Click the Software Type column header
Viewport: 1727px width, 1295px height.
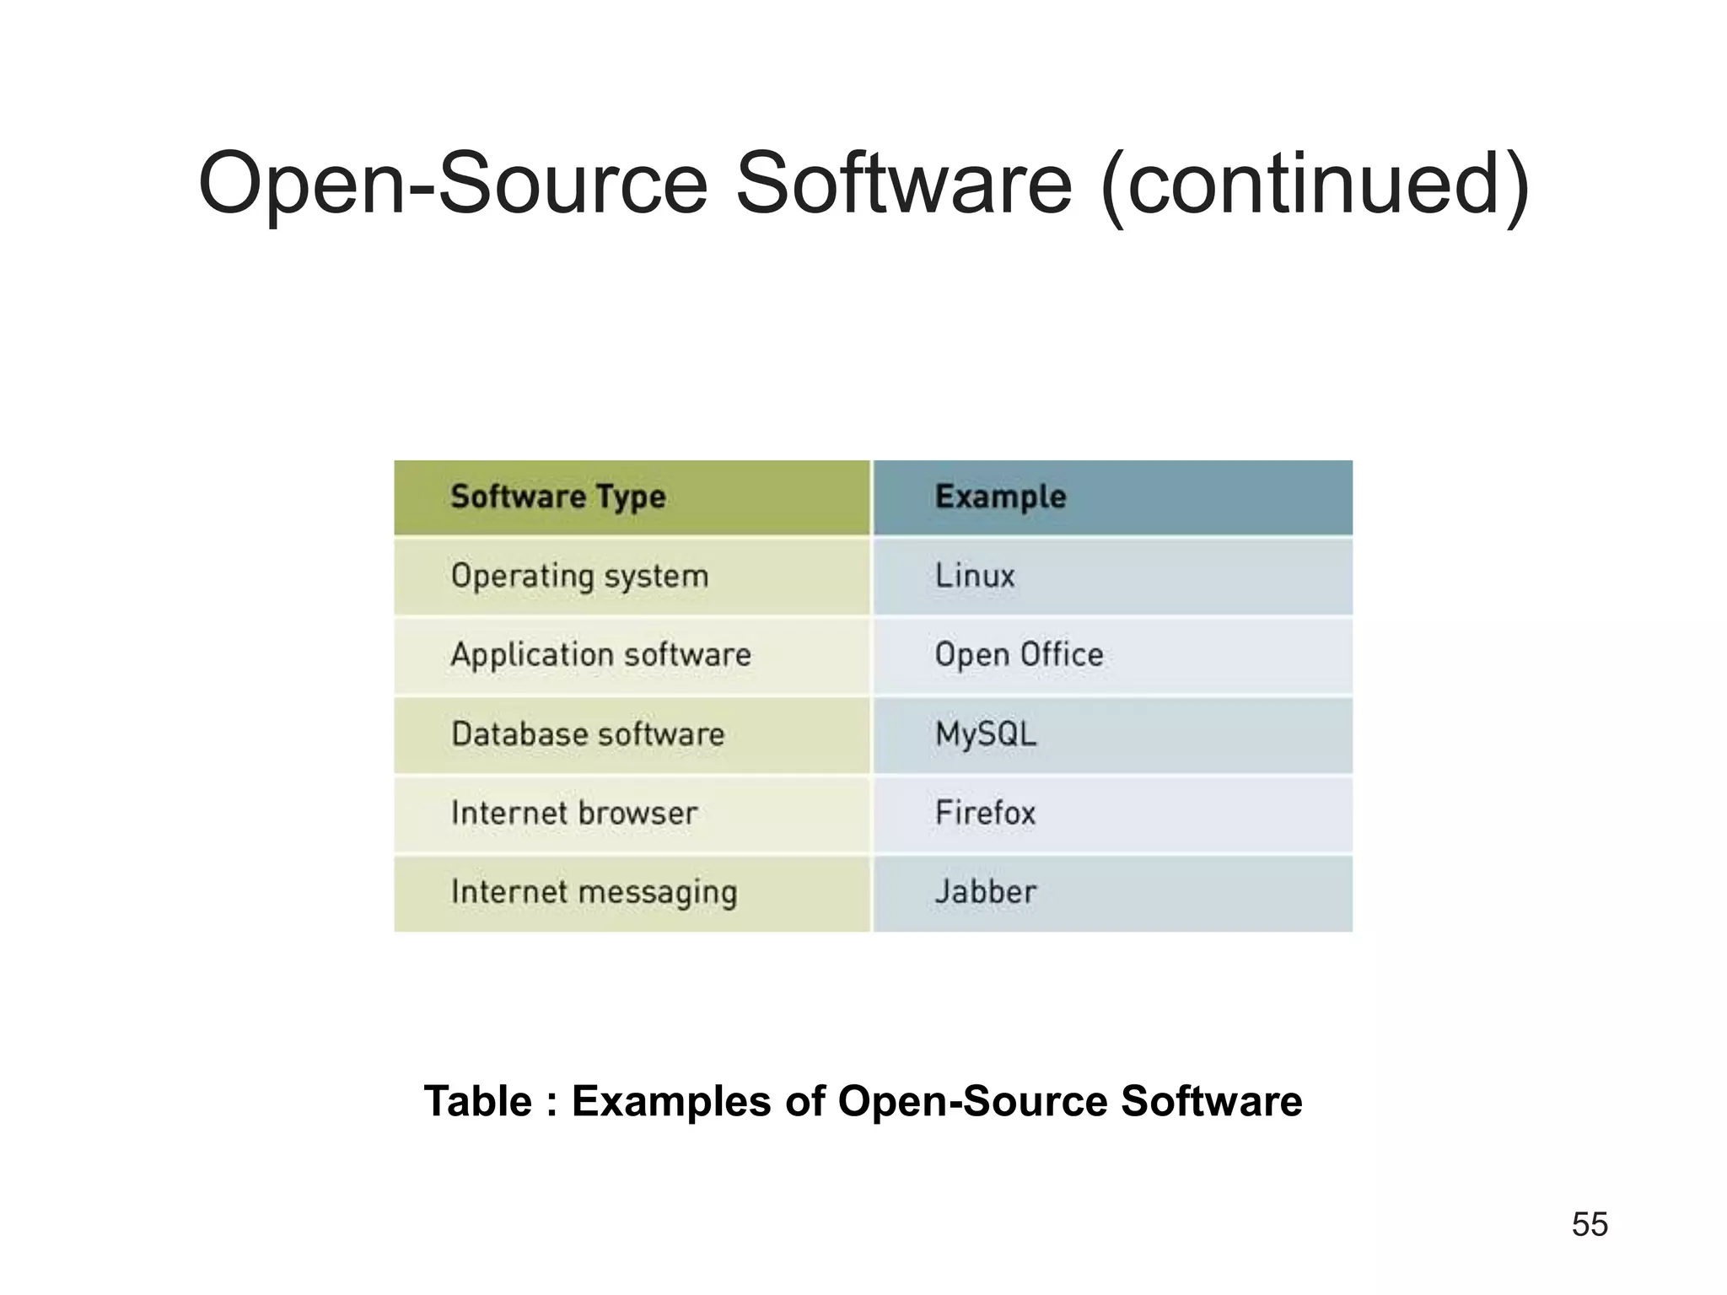[557, 497]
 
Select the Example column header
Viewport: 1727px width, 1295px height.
[1000, 497]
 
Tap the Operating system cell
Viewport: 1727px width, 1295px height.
[579, 577]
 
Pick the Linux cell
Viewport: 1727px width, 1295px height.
[975, 576]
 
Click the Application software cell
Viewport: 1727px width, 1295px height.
[600, 655]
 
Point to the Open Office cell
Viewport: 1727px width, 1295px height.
[1019, 655]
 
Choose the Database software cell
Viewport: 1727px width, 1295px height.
[588, 734]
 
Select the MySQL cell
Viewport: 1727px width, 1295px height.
[986, 734]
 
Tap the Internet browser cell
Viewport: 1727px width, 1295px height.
[574, 814]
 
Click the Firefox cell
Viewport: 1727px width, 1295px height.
[985, 814]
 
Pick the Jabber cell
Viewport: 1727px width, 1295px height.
[986, 892]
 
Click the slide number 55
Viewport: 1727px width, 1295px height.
[1590, 1224]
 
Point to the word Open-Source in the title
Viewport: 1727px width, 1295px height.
[453, 184]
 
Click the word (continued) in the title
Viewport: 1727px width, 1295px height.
[1315, 184]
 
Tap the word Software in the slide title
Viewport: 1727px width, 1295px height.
[903, 184]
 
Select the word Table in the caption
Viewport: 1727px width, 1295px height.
[477, 1101]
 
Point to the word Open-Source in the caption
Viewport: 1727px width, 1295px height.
[972, 1101]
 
